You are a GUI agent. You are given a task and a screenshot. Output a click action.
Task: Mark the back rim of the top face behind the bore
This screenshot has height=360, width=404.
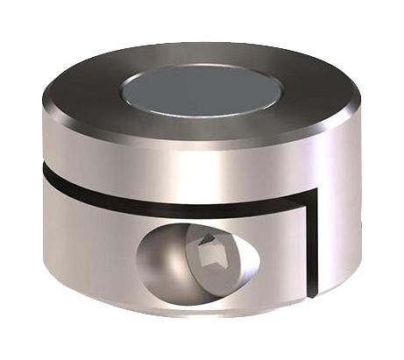(202, 53)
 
